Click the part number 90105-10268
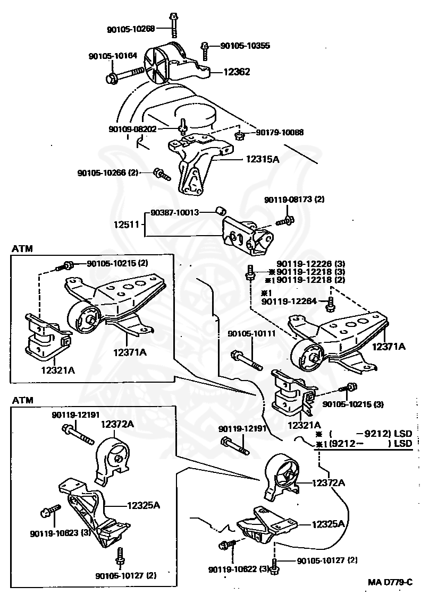coord(130,29)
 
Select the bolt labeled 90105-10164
coord(125,74)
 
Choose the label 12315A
coord(262,158)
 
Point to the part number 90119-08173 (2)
coord(294,200)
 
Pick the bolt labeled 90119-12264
coord(331,303)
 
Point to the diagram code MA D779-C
coord(390,582)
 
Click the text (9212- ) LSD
coord(367,444)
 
